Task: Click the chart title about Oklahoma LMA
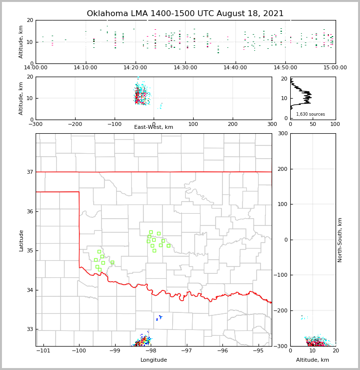pos(185,14)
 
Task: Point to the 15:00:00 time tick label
pos(335,67)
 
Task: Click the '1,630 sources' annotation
pos(310,114)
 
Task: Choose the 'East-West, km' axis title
pos(154,127)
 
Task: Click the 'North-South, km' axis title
pos(340,240)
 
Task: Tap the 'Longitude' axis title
pos(154,360)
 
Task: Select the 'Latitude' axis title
pos(21,240)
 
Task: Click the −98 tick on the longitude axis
pos(150,351)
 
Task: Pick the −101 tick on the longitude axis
pos(43,351)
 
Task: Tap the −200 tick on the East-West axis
pos(75,124)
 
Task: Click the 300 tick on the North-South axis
pos(281,133)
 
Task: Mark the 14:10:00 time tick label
pos(86,67)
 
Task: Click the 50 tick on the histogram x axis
pos(313,124)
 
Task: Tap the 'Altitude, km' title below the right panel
pos(313,360)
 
